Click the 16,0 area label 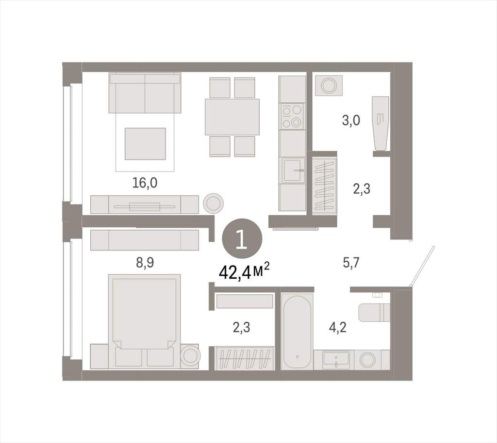click(x=145, y=183)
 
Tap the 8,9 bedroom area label click(x=145, y=263)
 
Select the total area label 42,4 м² click(x=244, y=272)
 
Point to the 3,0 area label click(x=351, y=121)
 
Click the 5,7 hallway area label click(x=351, y=263)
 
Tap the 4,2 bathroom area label click(x=337, y=328)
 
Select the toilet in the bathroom click(x=374, y=313)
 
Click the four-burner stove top click(x=292, y=116)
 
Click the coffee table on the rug click(x=145, y=143)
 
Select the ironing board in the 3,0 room click(x=381, y=124)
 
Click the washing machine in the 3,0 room click(x=329, y=85)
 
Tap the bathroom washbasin click(x=336, y=360)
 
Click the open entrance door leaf click(x=422, y=266)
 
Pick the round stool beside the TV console click(x=214, y=203)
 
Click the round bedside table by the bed click(x=190, y=356)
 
